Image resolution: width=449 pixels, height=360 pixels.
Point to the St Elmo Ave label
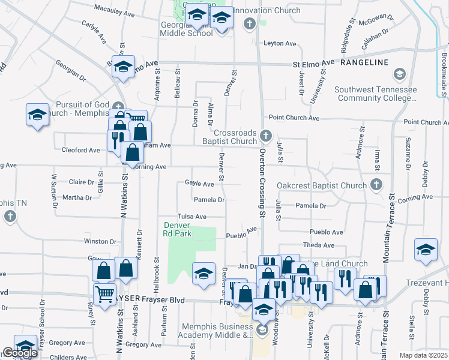point(313,63)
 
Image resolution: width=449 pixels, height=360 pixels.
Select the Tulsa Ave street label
point(191,217)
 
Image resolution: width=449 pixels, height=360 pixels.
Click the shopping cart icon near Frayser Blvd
point(104,294)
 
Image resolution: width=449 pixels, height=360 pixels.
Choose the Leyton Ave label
point(281,44)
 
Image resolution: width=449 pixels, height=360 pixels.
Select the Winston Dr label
point(100,241)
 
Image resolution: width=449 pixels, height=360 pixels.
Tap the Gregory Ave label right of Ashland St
point(145,345)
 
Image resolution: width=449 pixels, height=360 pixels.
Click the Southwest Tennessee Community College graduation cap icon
point(399,74)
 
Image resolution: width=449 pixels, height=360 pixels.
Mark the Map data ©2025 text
point(423,355)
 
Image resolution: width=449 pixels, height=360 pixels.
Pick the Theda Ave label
point(319,245)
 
